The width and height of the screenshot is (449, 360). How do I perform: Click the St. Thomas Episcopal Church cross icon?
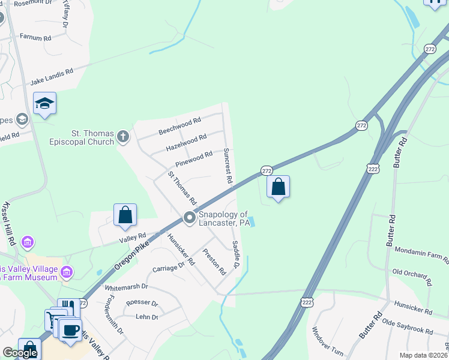click(x=123, y=136)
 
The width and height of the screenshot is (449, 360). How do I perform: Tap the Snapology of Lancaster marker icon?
click(x=190, y=218)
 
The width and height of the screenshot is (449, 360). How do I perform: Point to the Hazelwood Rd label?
click(x=186, y=142)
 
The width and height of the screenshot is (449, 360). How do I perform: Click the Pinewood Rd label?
click(x=194, y=159)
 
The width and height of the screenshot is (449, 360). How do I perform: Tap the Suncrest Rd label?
click(x=227, y=166)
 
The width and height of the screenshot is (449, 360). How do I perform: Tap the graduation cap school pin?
click(x=44, y=104)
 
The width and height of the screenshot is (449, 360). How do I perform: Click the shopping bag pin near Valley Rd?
click(x=125, y=215)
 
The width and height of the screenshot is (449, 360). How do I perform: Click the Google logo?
click(x=20, y=353)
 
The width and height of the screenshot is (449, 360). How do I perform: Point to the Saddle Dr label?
click(x=235, y=254)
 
